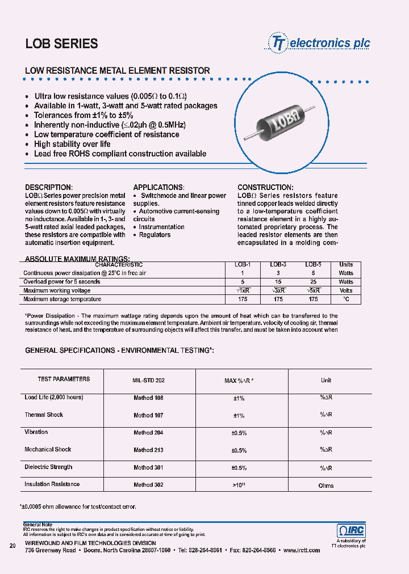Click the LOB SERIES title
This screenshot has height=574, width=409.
(x=61, y=44)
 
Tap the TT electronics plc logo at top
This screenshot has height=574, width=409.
(x=319, y=43)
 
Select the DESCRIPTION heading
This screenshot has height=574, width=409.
(x=49, y=187)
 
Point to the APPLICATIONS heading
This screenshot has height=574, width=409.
(x=158, y=187)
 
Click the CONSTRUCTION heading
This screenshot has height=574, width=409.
(x=265, y=187)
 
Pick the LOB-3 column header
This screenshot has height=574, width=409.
(x=278, y=264)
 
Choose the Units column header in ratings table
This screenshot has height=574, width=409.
(x=346, y=264)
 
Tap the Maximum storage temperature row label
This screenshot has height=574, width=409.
(x=62, y=299)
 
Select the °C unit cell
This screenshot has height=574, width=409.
(x=346, y=299)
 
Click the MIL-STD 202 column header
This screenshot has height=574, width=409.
(x=149, y=380)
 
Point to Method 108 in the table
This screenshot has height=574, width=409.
(x=149, y=398)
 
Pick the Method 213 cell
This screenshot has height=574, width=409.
(x=149, y=450)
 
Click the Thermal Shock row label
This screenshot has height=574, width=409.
(x=44, y=415)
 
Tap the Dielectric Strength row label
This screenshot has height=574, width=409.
(x=48, y=467)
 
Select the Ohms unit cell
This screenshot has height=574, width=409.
(x=326, y=486)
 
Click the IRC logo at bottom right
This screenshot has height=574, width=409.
(x=352, y=531)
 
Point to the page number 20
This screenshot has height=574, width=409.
(x=12, y=546)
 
